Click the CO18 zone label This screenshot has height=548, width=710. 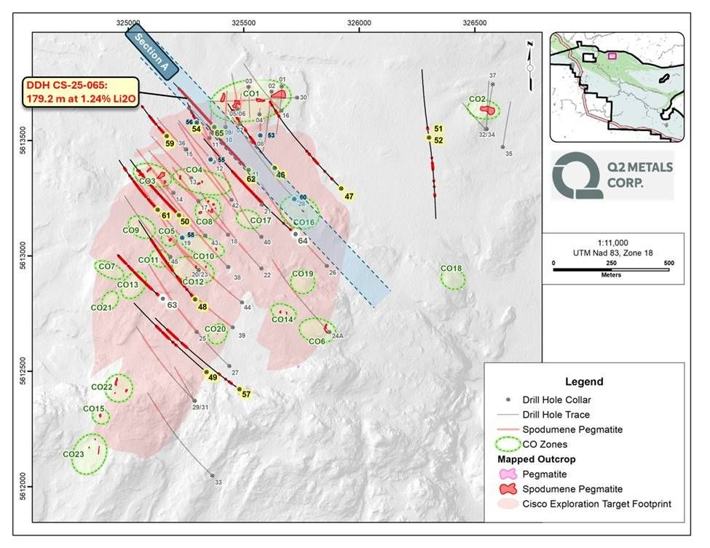point(451,269)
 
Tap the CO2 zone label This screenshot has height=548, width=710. point(477,99)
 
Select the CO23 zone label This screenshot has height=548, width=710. point(74,455)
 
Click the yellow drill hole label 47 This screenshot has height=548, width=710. point(350,196)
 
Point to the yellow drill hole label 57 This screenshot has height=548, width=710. point(246,394)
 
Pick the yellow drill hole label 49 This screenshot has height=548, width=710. point(213,377)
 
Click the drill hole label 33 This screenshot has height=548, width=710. point(218,482)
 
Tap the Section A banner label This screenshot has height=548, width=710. point(152,52)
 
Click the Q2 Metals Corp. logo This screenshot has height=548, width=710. point(612,175)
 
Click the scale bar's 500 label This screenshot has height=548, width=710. point(668,262)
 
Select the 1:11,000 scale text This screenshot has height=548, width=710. point(612,242)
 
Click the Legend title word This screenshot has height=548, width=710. point(584,381)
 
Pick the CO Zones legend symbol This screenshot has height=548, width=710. point(518,443)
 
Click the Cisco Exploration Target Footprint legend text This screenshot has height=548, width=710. point(608,503)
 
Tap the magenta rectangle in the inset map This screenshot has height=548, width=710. point(612,55)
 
